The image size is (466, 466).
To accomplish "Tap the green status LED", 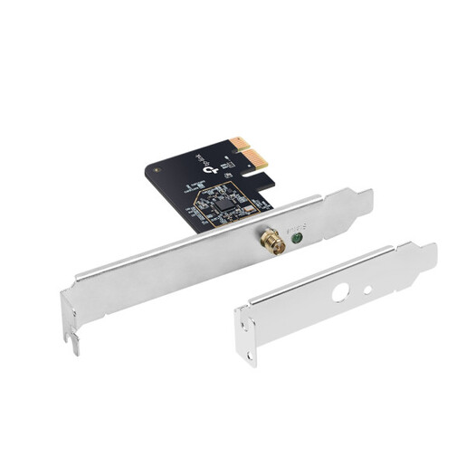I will click(x=295, y=239).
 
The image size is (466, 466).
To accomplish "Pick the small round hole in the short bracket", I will click(x=367, y=290).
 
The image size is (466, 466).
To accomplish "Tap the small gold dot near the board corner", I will click(x=157, y=167).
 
